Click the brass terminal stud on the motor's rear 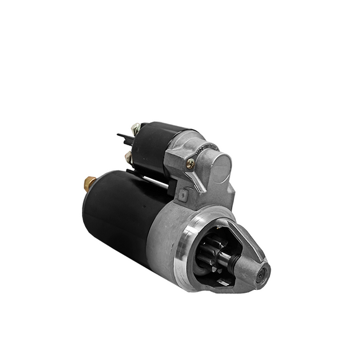[x=89, y=183]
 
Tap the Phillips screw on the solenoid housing [x=190, y=163]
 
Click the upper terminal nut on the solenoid [x=136, y=128]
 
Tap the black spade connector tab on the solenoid [x=122, y=135]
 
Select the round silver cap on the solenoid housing [x=219, y=164]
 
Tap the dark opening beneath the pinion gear [x=214, y=279]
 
